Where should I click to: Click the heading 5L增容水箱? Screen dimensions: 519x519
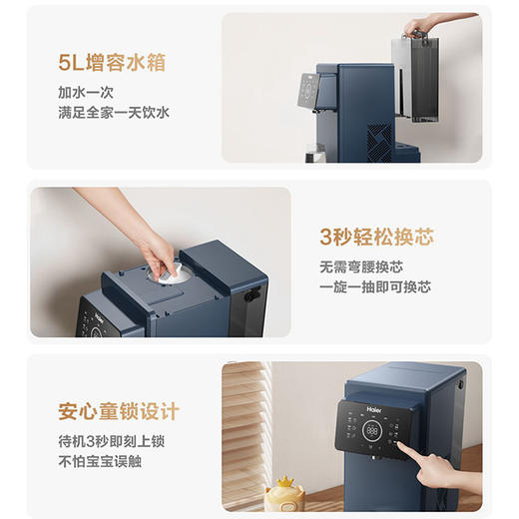point(111,64)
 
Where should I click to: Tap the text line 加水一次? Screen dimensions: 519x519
point(85,92)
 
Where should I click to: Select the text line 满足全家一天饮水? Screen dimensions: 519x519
point(113,113)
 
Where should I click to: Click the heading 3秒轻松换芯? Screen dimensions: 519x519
point(376,238)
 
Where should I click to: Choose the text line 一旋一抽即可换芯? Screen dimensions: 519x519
point(375,286)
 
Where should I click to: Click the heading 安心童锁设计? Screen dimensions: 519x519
point(119,411)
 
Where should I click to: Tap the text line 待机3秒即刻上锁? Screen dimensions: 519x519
point(112,440)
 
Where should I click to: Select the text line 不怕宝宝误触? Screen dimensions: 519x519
point(99,460)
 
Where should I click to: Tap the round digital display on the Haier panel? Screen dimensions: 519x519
point(373,431)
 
